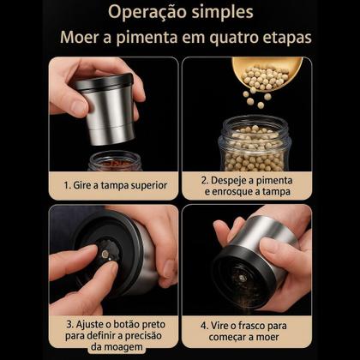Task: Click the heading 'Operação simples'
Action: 180,14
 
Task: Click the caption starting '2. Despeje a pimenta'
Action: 247,186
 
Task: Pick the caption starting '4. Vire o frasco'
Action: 247,332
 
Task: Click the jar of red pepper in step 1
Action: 112,161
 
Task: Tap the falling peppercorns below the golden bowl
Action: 253,97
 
